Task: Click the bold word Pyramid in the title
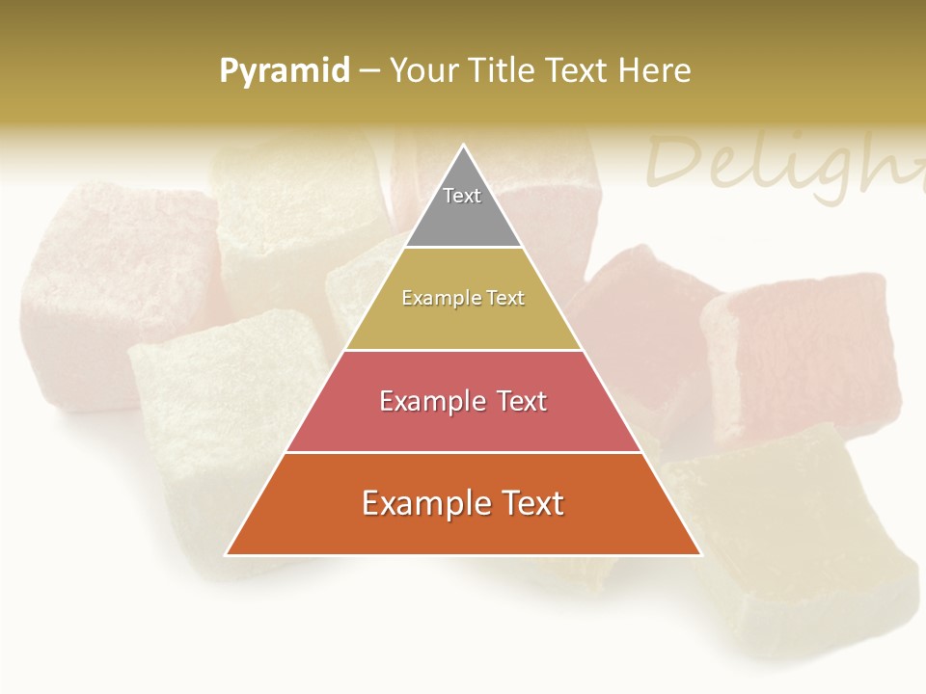[x=285, y=71]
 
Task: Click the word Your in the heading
[x=423, y=70]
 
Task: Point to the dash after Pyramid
[x=369, y=71]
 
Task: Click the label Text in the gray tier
[x=462, y=196]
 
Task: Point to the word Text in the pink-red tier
[x=518, y=401]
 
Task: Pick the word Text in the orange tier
[x=531, y=503]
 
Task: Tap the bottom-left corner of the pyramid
[x=227, y=554]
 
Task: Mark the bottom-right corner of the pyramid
[x=700, y=554]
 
